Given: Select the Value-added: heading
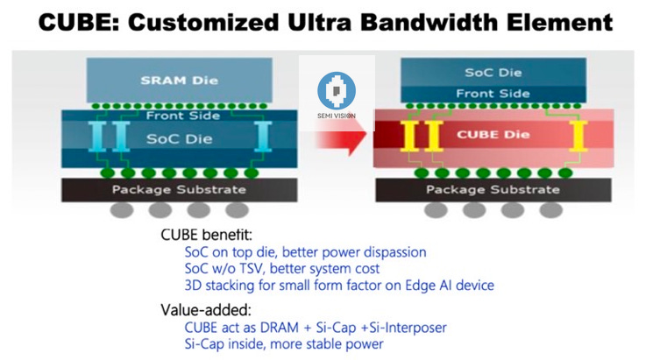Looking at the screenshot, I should [199, 309].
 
